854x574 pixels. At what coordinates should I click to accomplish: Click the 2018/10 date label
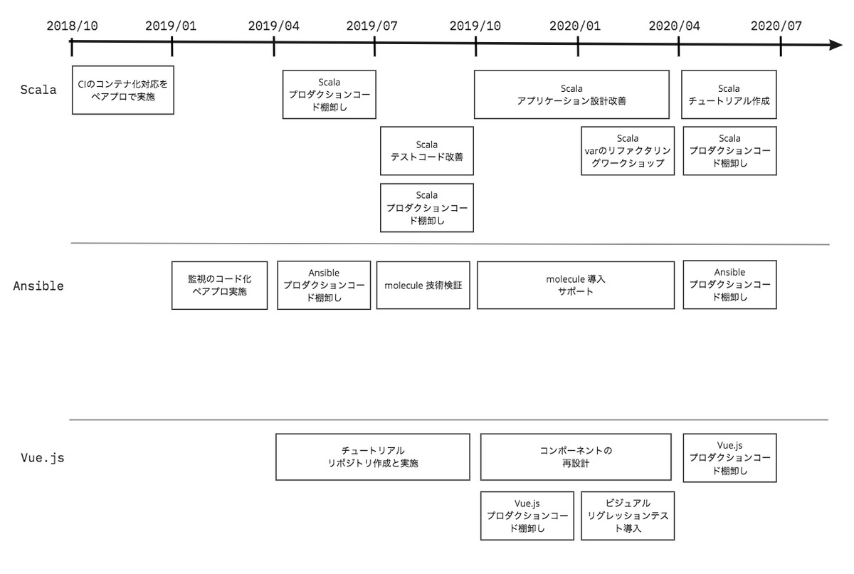[x=72, y=26]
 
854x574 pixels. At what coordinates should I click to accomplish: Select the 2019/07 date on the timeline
[x=372, y=26]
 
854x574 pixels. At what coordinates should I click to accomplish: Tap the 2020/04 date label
[x=674, y=26]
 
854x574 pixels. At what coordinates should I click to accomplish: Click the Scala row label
[x=38, y=90]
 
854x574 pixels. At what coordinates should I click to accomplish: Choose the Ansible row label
[x=38, y=286]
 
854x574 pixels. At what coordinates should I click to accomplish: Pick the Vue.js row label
[x=43, y=457]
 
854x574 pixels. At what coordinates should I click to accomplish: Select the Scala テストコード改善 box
[x=427, y=151]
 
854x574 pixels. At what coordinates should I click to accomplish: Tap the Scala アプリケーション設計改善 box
[x=571, y=94]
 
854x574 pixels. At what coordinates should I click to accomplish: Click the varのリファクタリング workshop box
[x=628, y=151]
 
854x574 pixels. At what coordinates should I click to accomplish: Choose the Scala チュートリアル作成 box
[x=729, y=94]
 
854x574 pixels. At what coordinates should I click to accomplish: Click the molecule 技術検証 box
[x=423, y=285]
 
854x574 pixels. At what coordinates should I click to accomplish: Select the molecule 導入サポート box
[x=576, y=285]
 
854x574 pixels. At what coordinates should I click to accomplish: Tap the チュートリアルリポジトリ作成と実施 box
[x=373, y=457]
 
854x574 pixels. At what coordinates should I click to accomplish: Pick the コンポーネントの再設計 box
[x=576, y=457]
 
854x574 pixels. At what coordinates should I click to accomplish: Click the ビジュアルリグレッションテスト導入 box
[x=628, y=516]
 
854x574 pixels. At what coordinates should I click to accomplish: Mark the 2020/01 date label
[x=575, y=26]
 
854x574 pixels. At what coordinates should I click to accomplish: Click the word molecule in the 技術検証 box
[x=404, y=286]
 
